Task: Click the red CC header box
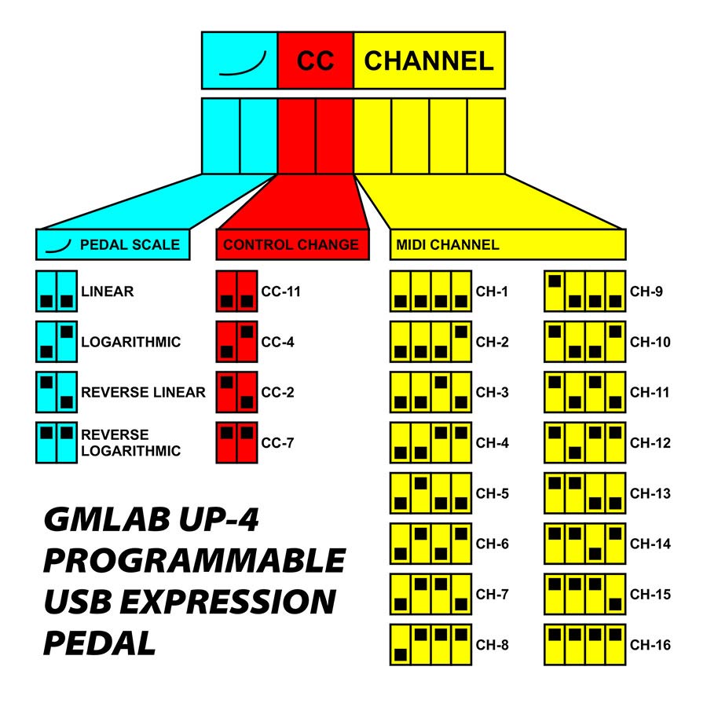316,60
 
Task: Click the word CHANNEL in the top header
429,60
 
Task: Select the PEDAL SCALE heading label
130,244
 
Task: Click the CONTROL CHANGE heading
291,244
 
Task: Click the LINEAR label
107,291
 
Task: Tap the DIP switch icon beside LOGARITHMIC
57,342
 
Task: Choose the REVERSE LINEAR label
143,392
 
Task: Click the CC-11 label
281,291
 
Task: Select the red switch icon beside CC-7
236,442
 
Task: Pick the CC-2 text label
278,392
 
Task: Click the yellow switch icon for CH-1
430,291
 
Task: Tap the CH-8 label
493,646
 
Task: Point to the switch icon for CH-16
584,646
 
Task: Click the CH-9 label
647,291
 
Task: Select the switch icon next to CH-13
584,493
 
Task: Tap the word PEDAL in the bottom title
99,643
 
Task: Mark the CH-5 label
493,493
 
